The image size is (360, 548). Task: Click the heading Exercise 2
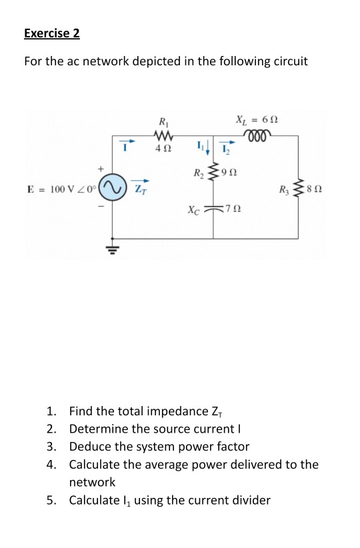click(x=56, y=33)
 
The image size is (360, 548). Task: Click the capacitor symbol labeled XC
click(x=214, y=208)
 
